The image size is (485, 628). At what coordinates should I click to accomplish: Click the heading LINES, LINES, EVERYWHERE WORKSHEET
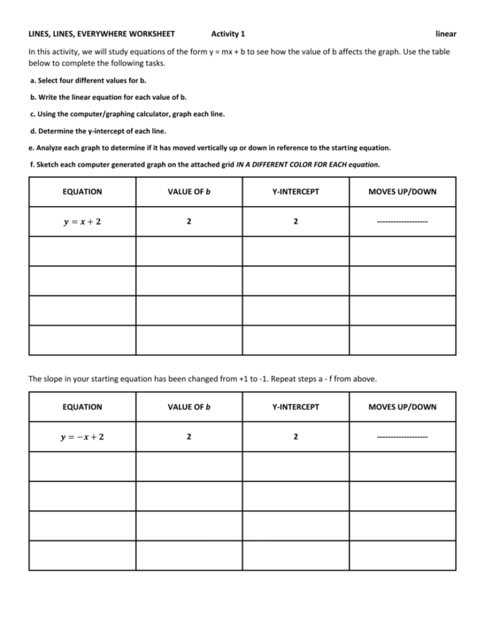coord(101,33)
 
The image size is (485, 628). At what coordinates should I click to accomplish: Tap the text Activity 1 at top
coord(228,33)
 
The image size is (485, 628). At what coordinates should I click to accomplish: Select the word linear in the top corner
coord(446,33)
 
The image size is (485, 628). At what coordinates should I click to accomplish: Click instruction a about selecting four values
coord(89,80)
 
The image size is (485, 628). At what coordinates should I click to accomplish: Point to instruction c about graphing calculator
coord(127,114)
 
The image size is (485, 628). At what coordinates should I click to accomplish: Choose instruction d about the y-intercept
coord(98,131)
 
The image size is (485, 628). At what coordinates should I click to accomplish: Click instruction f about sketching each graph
coord(205,164)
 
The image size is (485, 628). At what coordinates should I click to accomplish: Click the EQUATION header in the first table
coord(82,192)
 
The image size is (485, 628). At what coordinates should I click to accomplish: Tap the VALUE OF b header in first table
coord(189,192)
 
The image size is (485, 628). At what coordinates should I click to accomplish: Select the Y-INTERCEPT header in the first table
coord(296,192)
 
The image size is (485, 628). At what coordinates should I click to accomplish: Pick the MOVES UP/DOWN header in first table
coord(402,192)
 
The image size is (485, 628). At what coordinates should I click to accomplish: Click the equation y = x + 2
coord(82,221)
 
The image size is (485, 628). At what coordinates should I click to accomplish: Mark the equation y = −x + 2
coord(82,437)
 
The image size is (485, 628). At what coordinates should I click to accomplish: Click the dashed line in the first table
coord(402,222)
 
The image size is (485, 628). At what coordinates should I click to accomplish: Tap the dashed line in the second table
coord(402,437)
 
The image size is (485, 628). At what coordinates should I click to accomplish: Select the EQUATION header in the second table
coord(82,407)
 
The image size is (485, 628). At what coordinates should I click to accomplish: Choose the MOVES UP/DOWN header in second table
coord(402,407)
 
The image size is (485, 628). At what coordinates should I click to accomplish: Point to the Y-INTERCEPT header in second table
coord(296,407)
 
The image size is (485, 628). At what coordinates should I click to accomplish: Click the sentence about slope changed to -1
coord(203,379)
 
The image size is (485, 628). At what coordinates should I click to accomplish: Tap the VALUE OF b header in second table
coord(189,407)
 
